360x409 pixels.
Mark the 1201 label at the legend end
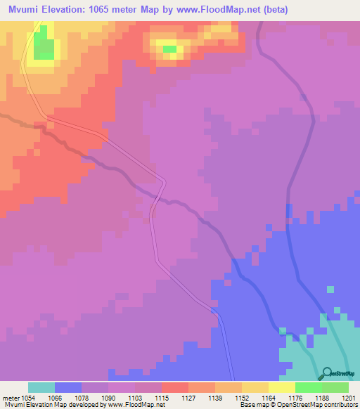[349, 396]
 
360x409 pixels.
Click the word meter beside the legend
[9, 396]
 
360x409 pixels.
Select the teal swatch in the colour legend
[41, 387]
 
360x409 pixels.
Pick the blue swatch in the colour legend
[68, 387]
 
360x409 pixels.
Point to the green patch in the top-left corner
[44, 46]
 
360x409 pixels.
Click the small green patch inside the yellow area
[169, 49]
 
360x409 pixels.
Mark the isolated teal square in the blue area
[330, 289]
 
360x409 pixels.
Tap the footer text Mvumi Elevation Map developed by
[51, 405]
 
